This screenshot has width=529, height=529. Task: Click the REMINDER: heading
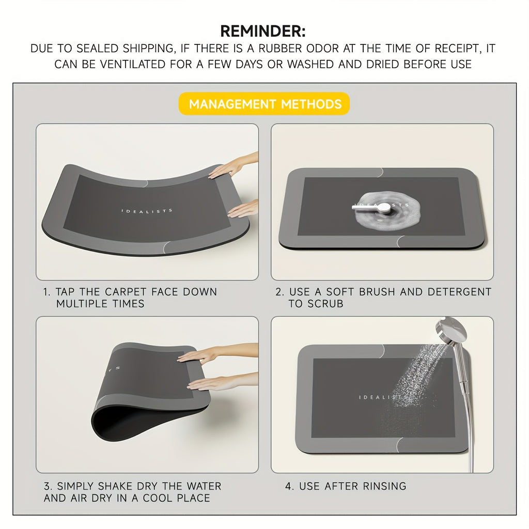(263, 32)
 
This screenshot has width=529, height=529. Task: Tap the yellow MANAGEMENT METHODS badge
(264, 103)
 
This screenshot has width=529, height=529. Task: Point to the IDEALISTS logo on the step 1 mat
(147, 211)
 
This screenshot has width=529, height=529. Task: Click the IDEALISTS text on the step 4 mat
(383, 397)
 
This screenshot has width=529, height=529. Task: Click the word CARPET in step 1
(126, 291)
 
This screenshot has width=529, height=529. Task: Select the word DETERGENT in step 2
(459, 291)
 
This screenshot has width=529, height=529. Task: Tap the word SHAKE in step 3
(115, 486)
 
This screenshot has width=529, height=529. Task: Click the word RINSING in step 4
(384, 486)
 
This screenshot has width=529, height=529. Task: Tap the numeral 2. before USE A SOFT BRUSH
(279, 292)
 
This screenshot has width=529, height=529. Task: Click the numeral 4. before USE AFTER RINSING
(289, 486)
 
